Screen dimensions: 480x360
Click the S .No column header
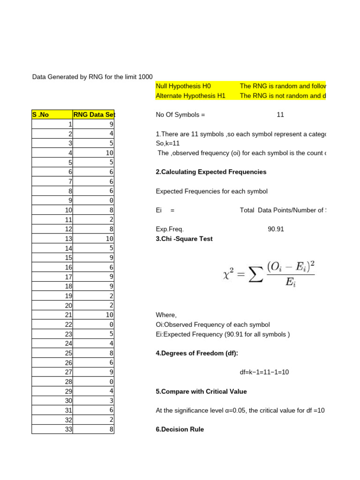[x=40, y=115]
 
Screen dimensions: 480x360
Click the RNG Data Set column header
[x=94, y=115]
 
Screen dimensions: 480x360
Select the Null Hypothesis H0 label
[x=183, y=86]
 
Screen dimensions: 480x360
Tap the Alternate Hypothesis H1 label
[x=190, y=96]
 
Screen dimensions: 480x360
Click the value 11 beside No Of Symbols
[x=280, y=115]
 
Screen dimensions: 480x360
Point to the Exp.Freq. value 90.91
[x=276, y=229]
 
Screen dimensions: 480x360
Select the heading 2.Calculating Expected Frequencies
[x=210, y=172]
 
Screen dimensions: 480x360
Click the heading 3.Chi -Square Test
[x=184, y=239]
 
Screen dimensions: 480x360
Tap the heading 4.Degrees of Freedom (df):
[x=193, y=353]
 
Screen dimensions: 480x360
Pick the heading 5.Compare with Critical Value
[x=201, y=391]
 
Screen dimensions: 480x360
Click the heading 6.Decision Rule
[x=180, y=429]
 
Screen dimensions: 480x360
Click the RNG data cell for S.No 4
[x=110, y=153]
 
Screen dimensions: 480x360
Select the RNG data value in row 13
[x=110, y=239]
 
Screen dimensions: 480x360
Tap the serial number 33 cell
[x=69, y=429]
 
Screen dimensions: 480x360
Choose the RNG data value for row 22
[x=111, y=324]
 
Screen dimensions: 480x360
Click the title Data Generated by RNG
[x=92, y=76]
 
